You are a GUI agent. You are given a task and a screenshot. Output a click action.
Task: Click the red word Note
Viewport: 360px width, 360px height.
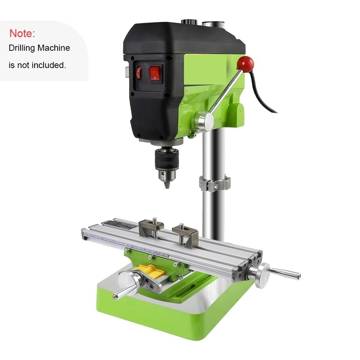point(22,33)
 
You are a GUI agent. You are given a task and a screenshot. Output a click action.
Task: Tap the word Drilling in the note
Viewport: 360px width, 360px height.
point(22,48)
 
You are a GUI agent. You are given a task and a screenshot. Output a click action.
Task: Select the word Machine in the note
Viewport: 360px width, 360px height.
point(54,48)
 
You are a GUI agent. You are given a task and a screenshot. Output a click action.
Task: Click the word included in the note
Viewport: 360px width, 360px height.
point(49,65)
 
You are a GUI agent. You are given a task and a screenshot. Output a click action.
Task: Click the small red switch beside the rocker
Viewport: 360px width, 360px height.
point(139,73)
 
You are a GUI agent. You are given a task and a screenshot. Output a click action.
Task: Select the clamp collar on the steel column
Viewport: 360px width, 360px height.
point(215,183)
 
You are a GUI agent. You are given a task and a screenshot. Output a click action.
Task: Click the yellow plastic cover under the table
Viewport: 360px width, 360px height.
point(149,271)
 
